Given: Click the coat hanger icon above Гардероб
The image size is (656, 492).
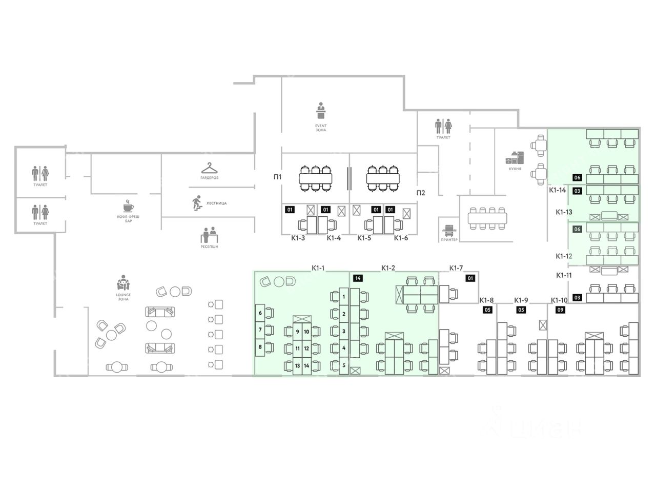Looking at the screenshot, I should tap(209, 168).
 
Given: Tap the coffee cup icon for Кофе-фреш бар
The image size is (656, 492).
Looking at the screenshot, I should tap(128, 207).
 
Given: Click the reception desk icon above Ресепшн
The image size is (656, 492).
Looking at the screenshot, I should tap(209, 235).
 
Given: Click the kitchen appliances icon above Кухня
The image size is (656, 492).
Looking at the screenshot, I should tap(516, 157).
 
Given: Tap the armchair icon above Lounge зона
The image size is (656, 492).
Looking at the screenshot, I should tap(123, 283).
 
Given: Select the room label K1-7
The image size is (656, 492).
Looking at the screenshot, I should tap(456, 268).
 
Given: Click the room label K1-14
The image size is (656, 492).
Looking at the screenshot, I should tap(557, 190).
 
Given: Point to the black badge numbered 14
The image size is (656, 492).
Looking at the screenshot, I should tap(358, 278).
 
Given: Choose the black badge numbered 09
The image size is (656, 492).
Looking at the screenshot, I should tap(560, 310).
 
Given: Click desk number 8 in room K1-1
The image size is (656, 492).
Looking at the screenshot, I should tap(260, 346).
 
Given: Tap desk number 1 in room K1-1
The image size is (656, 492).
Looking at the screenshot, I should tap(344, 296).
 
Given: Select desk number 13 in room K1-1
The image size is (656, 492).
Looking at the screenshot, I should tap(297, 365).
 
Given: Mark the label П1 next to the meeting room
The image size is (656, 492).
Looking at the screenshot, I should tap(277, 177).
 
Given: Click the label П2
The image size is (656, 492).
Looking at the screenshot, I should tap(420, 193).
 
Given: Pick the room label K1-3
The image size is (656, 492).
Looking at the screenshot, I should tap(298, 238).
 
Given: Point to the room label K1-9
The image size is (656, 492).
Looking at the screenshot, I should tap(521, 300).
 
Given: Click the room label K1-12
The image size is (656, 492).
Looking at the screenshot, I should tap(564, 256).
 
